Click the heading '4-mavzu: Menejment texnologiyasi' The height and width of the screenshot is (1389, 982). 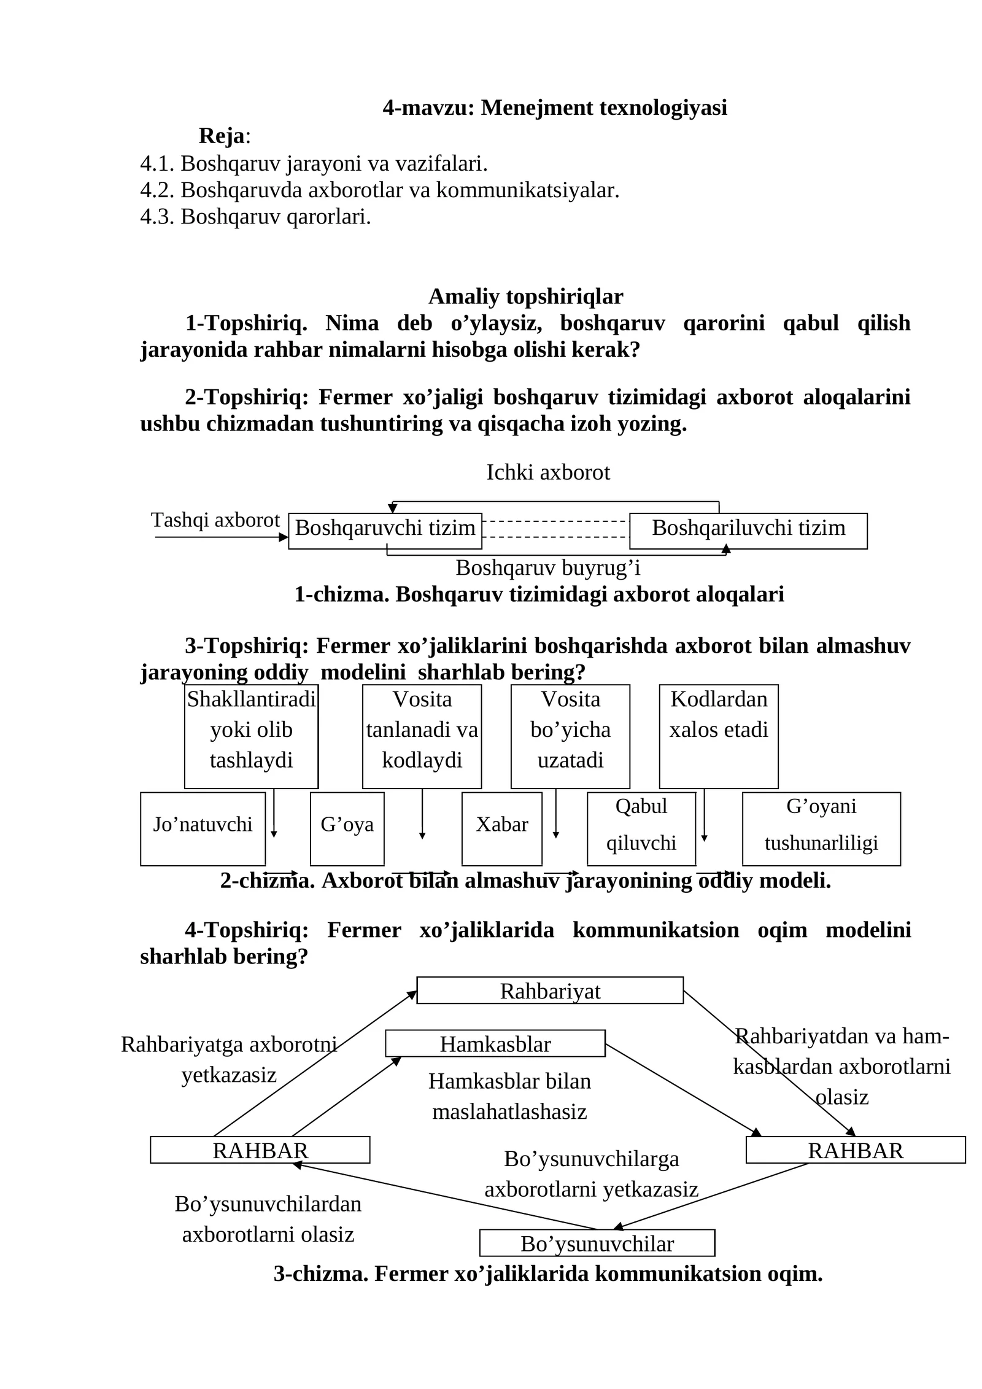click(x=555, y=107)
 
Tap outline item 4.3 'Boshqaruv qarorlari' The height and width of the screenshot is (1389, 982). click(x=255, y=217)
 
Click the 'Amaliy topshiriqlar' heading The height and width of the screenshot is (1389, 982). click(x=525, y=297)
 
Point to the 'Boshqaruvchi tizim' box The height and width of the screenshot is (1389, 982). click(x=385, y=531)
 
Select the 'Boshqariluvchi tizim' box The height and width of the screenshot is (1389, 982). click(x=748, y=531)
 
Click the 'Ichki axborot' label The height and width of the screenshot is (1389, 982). click(x=548, y=472)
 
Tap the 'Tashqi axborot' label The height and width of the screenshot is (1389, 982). click(x=215, y=520)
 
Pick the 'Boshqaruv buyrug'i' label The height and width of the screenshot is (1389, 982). click(x=548, y=568)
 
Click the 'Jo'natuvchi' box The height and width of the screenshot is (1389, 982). click(x=203, y=828)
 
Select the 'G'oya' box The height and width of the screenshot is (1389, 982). click(x=347, y=828)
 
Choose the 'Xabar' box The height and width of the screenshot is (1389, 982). click(x=501, y=828)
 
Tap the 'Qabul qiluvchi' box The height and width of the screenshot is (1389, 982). click(x=641, y=828)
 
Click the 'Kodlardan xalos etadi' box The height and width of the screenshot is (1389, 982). click(x=719, y=736)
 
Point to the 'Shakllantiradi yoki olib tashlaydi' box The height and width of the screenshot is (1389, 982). click(x=251, y=736)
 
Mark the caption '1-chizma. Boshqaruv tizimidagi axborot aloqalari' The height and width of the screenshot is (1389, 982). click(x=539, y=594)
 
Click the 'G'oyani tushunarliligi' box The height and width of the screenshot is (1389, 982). click(x=821, y=828)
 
